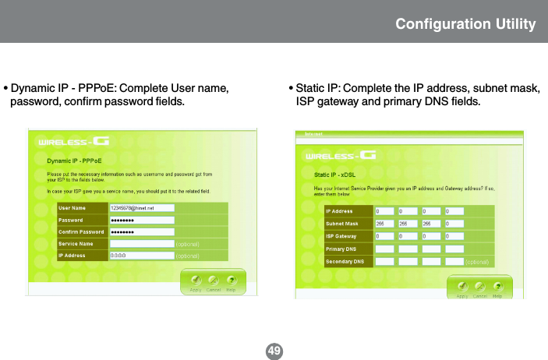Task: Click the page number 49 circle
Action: [x=274, y=351]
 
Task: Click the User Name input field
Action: [x=141, y=209]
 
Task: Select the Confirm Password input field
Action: [x=141, y=231]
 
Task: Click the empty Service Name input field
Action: [x=141, y=243]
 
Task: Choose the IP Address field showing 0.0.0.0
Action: [x=141, y=255]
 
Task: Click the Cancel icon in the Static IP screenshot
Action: [x=480, y=287]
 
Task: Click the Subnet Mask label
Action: [x=342, y=224]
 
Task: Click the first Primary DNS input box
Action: [x=385, y=249]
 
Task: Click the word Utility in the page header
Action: [x=510, y=24]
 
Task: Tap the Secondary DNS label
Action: [x=344, y=261]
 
